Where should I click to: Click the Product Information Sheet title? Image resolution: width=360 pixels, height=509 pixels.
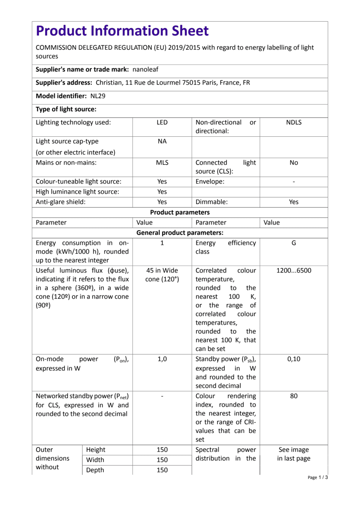tap(122, 31)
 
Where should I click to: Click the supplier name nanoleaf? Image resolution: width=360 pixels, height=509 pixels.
tap(145, 70)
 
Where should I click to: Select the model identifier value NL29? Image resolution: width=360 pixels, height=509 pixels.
tap(98, 96)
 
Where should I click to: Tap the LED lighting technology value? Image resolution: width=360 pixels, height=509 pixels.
tap(162, 122)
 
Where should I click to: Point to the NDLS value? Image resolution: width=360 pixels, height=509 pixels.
tap(294, 122)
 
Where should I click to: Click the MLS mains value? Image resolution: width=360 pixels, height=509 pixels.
tap(162, 163)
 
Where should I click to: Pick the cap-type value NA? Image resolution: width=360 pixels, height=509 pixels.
tap(162, 141)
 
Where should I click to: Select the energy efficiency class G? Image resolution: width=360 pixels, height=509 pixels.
tap(294, 243)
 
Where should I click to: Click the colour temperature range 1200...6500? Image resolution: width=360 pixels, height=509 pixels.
tap(294, 270)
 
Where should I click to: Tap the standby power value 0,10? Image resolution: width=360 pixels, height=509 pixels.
tap(294, 359)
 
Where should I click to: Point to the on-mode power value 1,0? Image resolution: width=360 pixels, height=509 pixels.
tap(162, 359)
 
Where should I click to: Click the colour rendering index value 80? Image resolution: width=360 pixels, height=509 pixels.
tap(294, 396)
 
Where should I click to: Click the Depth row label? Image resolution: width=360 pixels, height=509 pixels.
tap(95, 470)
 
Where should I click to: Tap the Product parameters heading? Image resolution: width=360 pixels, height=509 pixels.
tap(180, 212)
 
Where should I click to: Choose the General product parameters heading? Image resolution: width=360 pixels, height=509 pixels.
tap(180, 232)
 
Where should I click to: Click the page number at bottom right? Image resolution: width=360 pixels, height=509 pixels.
tap(317, 477)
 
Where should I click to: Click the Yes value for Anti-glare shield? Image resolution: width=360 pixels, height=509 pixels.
tap(162, 202)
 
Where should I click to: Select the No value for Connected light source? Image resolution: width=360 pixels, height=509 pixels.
tap(294, 163)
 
